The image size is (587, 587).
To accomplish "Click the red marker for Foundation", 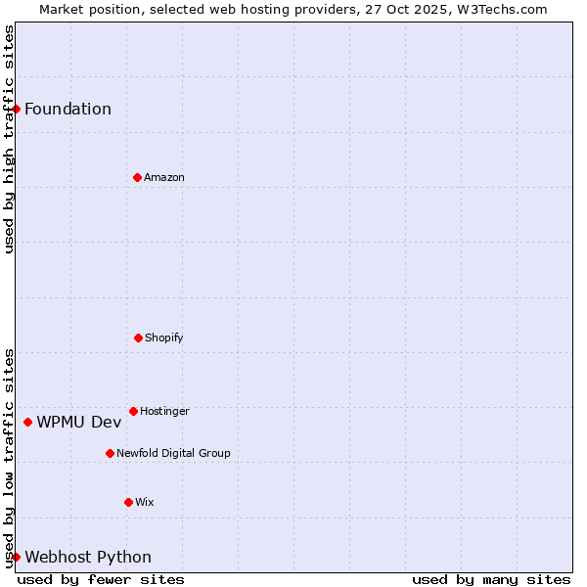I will [16, 109].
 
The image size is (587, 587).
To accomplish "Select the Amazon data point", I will [137, 177].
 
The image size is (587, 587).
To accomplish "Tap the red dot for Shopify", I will [138, 338].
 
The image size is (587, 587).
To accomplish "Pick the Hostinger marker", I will [133, 411].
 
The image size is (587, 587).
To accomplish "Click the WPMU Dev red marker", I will [27, 422].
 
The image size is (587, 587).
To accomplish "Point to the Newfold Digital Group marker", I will [110, 453].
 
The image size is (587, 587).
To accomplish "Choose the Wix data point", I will [128, 502].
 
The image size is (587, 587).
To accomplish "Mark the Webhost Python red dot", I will [16, 557].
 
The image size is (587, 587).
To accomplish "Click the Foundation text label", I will [68, 109].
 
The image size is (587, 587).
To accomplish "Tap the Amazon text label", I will [164, 177].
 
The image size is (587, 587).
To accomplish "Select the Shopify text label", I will [164, 338].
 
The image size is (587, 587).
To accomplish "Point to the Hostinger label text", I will [164, 411].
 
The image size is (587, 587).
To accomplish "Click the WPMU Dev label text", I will [79, 422].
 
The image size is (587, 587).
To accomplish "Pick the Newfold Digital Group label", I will [173, 453].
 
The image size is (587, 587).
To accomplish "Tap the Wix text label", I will [145, 502].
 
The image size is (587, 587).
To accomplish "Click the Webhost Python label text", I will [88, 557].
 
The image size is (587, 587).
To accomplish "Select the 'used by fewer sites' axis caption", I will [101, 579].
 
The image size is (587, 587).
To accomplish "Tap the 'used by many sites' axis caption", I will [491, 579].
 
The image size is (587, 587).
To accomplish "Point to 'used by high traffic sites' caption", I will [9, 139].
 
